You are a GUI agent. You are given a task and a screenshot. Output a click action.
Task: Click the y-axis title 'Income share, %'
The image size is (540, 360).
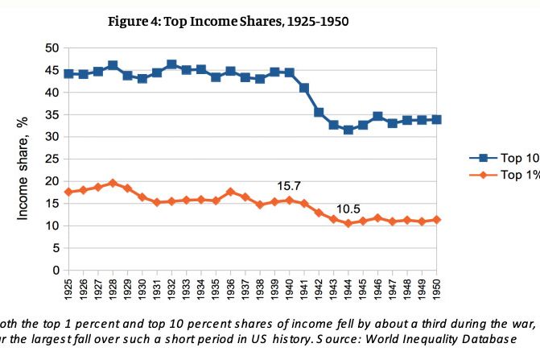tap(22, 167)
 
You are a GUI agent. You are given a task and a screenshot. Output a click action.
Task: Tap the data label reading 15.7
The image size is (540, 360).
tap(288, 186)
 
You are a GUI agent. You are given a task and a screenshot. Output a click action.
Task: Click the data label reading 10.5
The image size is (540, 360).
tap(348, 209)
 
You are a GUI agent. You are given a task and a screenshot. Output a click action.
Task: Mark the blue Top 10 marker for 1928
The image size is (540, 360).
tap(113, 65)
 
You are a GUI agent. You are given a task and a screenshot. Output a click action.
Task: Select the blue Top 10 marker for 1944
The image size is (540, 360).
tap(348, 130)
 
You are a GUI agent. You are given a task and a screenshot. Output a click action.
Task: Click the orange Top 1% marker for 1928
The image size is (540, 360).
tap(113, 183)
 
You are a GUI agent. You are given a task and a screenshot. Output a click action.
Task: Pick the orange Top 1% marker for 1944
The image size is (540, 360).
tap(348, 223)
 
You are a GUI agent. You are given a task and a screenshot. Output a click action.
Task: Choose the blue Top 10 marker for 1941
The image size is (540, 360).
tap(304, 88)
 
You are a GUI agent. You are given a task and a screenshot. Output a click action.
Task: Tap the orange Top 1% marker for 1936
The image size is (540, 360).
tap(230, 192)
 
